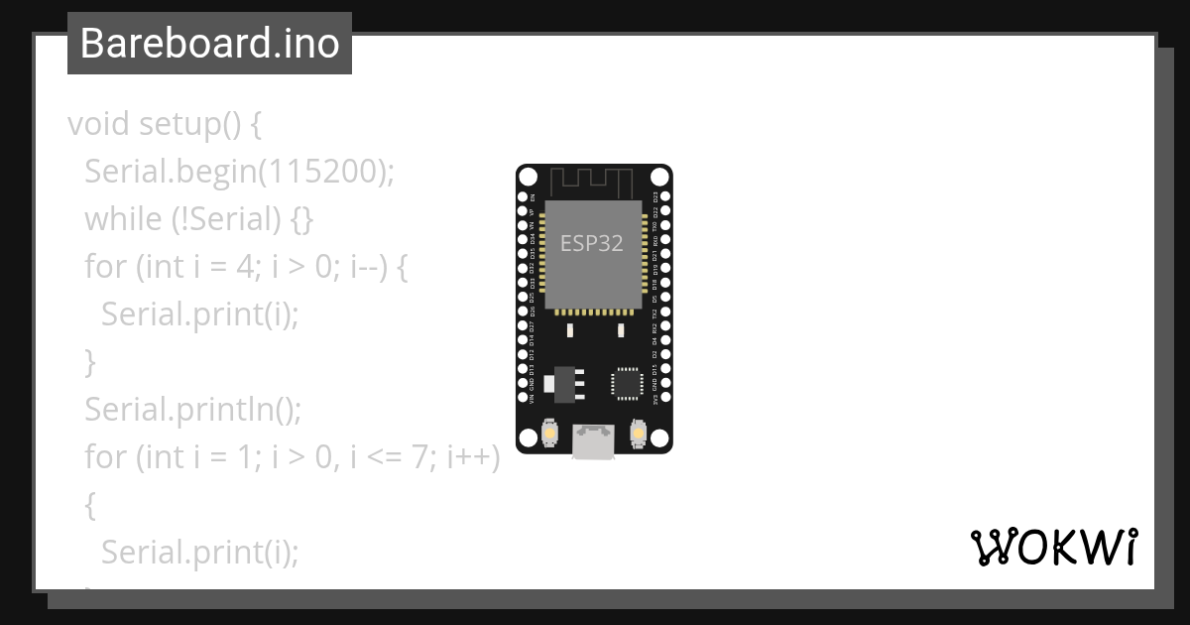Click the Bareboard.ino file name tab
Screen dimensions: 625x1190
(x=209, y=44)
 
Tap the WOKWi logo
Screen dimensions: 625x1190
(x=1053, y=547)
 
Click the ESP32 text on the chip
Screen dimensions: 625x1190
(x=592, y=243)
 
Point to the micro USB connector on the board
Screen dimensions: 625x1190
(x=593, y=441)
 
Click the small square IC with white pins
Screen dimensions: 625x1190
(x=627, y=382)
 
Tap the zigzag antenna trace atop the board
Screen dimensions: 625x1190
(x=592, y=183)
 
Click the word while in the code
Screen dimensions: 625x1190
(x=123, y=219)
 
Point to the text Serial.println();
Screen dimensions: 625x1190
(x=191, y=409)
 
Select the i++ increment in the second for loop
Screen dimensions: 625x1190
(x=473, y=457)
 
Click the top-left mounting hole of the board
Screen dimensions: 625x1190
(x=529, y=178)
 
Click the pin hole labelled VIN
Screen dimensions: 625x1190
(x=524, y=399)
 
